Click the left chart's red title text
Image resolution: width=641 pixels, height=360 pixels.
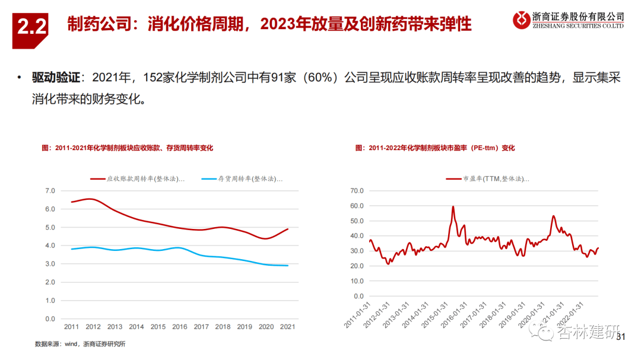127,148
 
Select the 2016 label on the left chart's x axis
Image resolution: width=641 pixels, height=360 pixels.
180,327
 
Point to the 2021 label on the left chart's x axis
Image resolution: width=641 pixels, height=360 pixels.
288,327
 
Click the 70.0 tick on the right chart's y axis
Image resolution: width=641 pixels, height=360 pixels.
356,191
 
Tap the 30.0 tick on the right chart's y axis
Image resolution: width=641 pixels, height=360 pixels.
356,251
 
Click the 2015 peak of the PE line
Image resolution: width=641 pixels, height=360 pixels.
453,206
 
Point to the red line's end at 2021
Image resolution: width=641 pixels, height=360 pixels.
288,229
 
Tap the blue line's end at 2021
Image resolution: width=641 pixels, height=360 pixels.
288,266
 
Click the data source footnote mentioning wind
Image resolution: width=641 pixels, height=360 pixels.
80,344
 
